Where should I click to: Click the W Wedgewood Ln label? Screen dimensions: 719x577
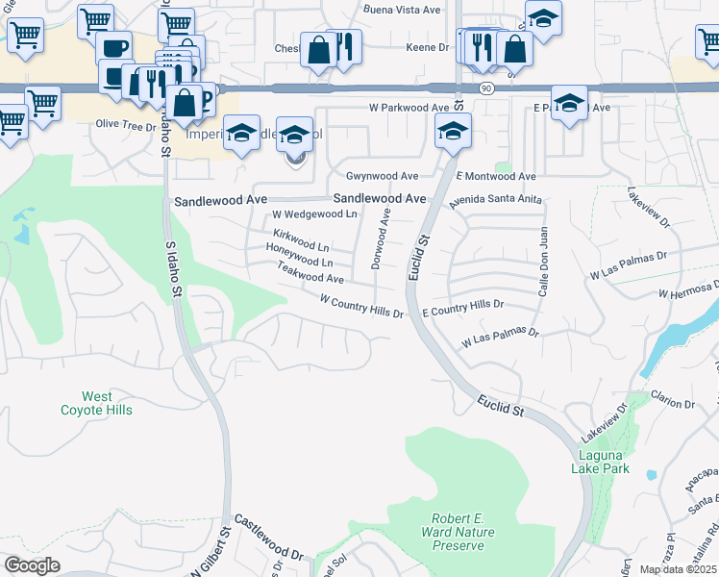[x=314, y=213]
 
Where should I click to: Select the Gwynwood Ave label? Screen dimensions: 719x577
[x=382, y=176]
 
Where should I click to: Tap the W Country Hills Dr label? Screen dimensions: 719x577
[x=360, y=308]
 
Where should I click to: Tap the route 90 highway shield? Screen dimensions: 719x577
[x=487, y=88]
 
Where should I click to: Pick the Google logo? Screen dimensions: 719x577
[x=32, y=565]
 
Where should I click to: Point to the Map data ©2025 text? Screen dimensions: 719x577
[x=677, y=569]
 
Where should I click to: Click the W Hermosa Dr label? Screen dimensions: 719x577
[x=688, y=290]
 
